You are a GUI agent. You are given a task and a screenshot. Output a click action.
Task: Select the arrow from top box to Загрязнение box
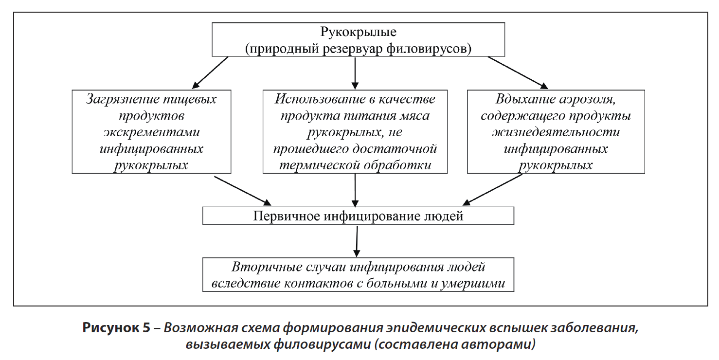[210, 72]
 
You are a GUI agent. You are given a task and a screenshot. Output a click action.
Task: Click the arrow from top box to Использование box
[355, 73]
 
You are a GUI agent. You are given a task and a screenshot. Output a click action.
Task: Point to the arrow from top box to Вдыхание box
[518, 72]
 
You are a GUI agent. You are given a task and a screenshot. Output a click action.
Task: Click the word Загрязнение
[122, 99]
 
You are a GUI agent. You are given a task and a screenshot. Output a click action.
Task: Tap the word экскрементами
[151, 132]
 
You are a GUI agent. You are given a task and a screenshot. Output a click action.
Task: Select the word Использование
[319, 99]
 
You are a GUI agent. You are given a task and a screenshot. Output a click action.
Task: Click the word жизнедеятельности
[556, 132]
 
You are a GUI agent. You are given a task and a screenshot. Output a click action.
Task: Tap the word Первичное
[287, 216]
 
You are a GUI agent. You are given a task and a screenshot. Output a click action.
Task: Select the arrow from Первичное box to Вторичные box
[357, 241]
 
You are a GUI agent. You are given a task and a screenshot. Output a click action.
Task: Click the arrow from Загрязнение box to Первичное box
[243, 191]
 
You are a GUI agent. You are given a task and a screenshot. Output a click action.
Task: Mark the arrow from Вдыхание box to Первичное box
[492, 190]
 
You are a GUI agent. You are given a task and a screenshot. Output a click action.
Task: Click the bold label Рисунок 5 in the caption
[116, 327]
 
